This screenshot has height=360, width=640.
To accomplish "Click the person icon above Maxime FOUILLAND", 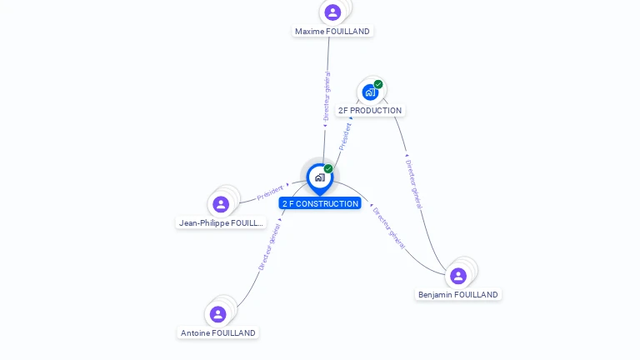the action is (x=332, y=12).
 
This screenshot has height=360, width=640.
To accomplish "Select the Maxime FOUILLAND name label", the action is (x=332, y=32).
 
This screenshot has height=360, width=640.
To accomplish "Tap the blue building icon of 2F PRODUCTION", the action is (x=370, y=92).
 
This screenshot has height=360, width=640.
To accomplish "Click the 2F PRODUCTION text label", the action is (x=370, y=110).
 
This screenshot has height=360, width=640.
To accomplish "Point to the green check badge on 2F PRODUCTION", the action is (x=378, y=84).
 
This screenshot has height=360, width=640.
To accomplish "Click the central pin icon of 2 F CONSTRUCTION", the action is (x=319, y=177).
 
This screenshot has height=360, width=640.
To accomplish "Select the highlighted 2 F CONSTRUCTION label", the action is (x=320, y=203).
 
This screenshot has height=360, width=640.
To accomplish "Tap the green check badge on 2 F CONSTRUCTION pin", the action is (x=328, y=169).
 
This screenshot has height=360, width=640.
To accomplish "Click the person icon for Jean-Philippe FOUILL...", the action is (x=221, y=204).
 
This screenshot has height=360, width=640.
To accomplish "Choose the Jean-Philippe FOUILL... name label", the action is (x=221, y=223).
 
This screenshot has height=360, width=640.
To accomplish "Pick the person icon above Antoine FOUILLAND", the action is (x=217, y=314).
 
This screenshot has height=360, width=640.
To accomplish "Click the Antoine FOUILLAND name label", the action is (x=218, y=333).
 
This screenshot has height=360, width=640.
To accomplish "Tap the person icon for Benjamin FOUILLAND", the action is (x=458, y=276).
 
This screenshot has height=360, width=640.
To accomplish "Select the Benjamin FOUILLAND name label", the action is (x=458, y=295).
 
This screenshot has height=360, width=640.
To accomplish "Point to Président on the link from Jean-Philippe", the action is (x=270, y=192).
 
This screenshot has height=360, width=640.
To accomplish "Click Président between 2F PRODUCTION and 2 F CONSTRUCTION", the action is (x=345, y=136).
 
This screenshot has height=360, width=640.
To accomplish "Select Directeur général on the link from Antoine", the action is (x=269, y=247).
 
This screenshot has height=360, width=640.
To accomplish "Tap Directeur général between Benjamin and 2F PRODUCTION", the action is (x=414, y=184).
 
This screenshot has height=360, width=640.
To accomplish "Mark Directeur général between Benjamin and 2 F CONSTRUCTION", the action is (x=388, y=228).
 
